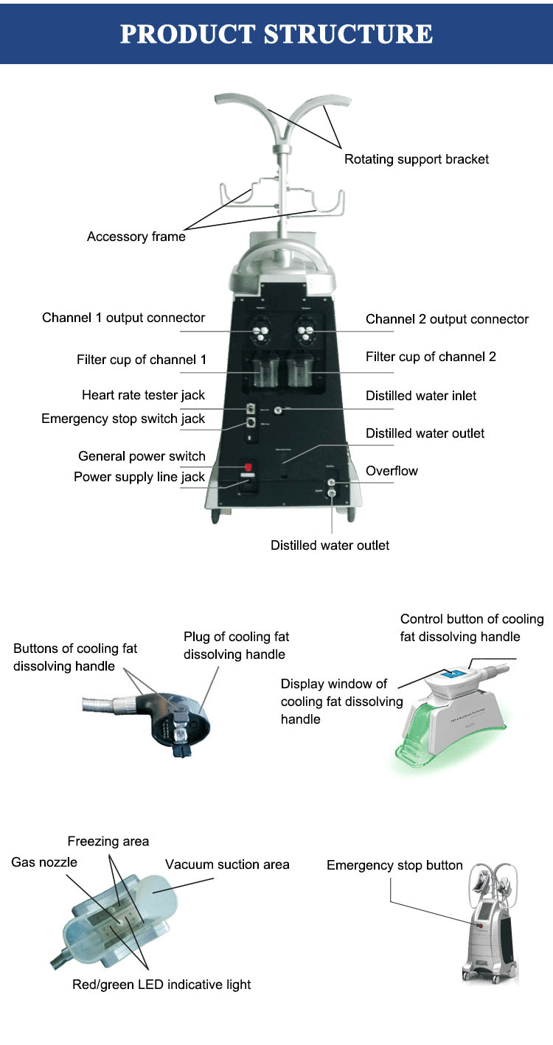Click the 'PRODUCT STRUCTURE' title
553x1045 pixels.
(276, 34)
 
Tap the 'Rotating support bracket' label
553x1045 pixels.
(417, 159)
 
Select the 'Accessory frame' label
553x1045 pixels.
(136, 237)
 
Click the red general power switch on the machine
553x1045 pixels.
(248, 466)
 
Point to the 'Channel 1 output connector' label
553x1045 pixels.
(123, 318)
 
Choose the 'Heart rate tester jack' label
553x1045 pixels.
(143, 395)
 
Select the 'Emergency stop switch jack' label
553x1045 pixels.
(123, 419)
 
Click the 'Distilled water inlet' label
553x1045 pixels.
(421, 396)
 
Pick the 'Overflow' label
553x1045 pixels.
(392, 471)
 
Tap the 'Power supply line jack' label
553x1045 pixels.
(139, 477)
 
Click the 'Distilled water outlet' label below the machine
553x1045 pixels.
(330, 545)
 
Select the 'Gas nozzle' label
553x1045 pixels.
(44, 862)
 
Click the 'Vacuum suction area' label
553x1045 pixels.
(227, 864)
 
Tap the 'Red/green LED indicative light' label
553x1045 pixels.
(161, 985)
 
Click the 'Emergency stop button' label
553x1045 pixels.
(394, 865)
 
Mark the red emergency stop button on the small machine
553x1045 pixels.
(481, 926)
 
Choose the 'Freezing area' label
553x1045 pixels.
(108, 841)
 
